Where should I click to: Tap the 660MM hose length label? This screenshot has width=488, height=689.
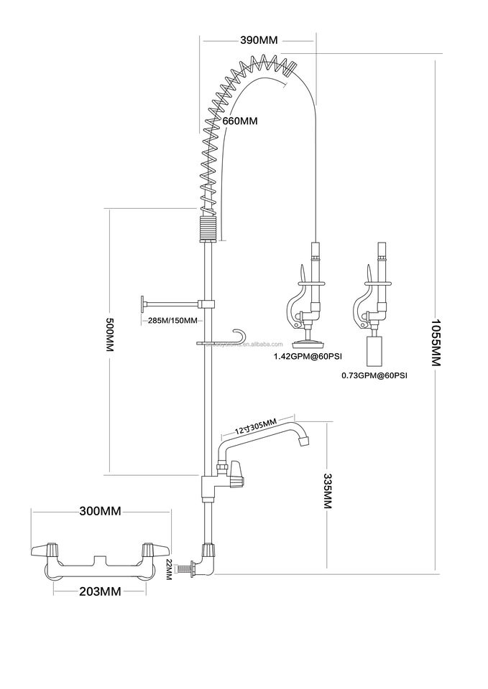tap(240, 121)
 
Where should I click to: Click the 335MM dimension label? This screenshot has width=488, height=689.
tap(328, 491)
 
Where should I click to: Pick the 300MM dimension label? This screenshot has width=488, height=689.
tap(99, 511)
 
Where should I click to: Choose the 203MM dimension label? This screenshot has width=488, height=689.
tap(99, 591)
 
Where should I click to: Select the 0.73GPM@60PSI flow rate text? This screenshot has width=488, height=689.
tap(374, 375)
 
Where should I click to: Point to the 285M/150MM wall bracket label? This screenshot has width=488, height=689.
tap(172, 320)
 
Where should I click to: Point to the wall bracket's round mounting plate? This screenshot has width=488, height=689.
tap(142, 306)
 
